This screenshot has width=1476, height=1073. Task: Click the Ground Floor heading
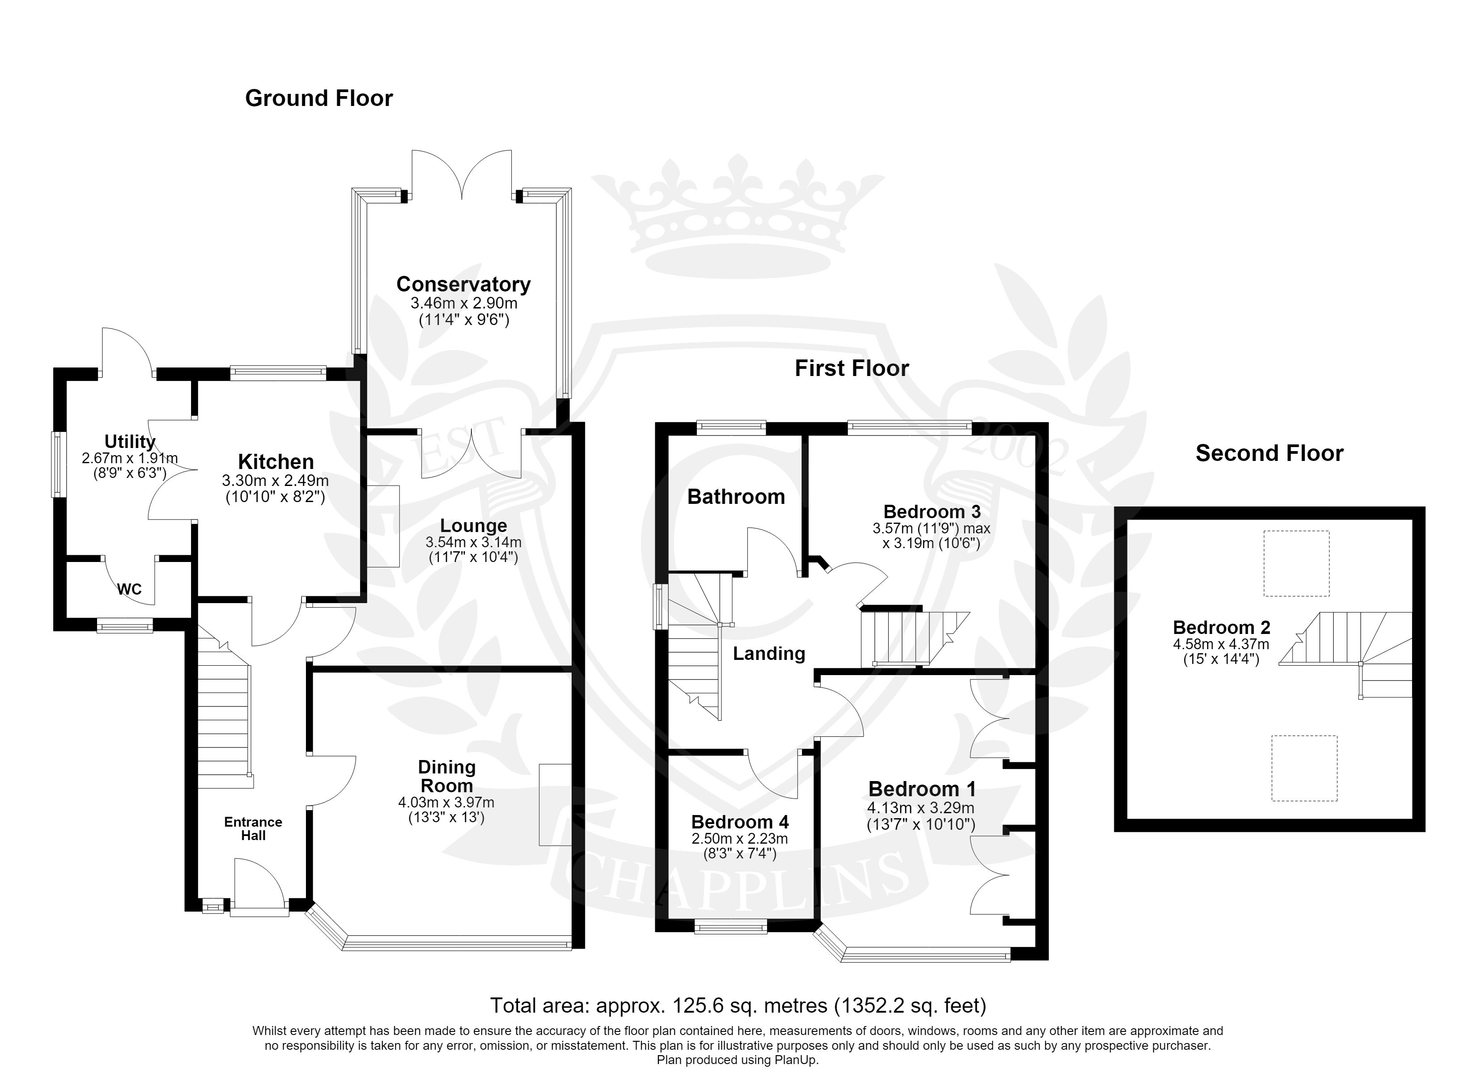[x=319, y=98]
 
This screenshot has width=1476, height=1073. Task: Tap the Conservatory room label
[x=463, y=284]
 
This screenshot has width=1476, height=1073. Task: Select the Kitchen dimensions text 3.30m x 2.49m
[x=275, y=481]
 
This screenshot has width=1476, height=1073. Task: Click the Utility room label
[x=130, y=442]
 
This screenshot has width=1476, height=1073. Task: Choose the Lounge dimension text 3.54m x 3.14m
[x=474, y=542]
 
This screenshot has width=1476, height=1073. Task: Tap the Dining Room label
[x=446, y=776]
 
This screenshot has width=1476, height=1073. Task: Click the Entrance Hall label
[x=253, y=828]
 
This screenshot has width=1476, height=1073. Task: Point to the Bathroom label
[x=736, y=497]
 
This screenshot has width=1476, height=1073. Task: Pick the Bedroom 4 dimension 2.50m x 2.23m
[x=739, y=839]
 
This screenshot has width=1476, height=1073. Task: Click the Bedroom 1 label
[x=922, y=789]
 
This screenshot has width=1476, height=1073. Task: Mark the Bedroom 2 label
[x=1222, y=627]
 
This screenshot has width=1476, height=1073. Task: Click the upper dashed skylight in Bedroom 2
[x=1296, y=563]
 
